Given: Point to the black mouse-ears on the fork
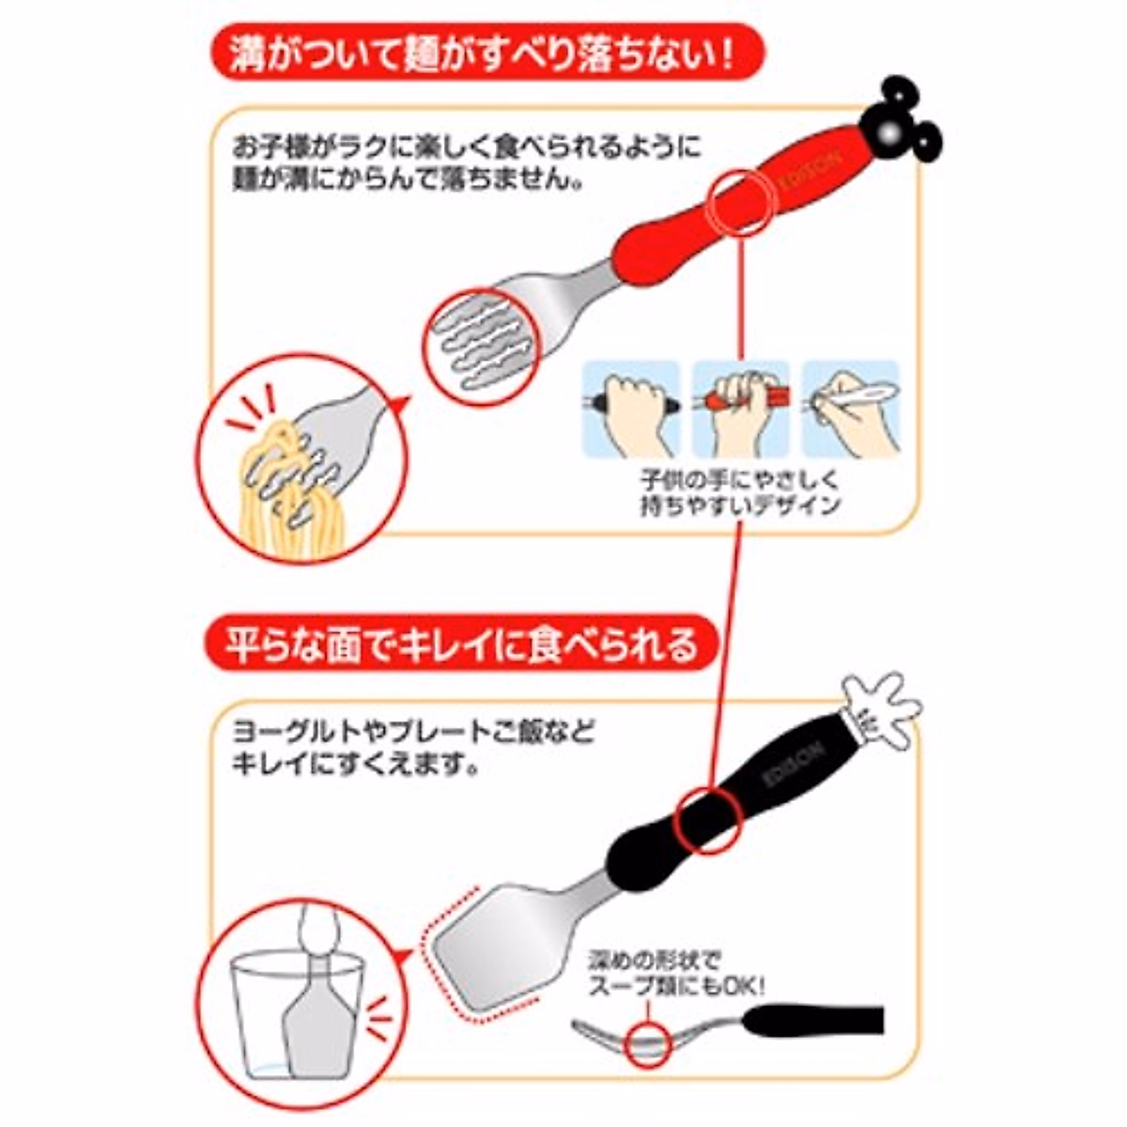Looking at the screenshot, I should [x=902, y=121].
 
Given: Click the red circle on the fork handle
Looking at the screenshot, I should [x=742, y=202].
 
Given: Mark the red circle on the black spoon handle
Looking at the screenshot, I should [x=711, y=817].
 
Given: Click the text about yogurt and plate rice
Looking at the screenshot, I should [x=413, y=747].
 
